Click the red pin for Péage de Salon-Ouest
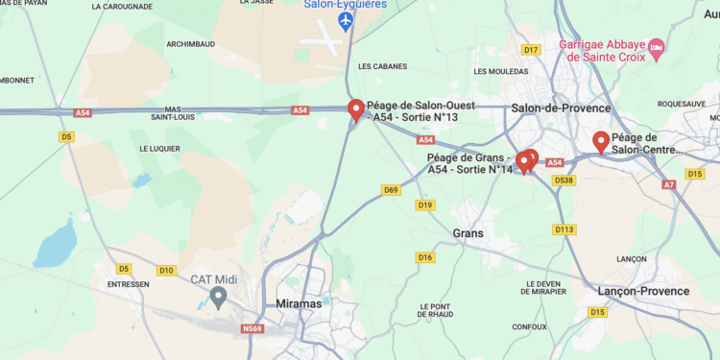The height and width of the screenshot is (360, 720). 356,110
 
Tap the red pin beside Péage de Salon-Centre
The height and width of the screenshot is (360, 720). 602,141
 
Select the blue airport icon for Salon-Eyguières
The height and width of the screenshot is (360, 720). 346,20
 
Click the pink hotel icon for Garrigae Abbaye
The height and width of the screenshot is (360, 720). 657,46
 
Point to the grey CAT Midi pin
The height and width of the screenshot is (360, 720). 218,297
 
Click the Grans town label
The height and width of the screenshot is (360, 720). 468,233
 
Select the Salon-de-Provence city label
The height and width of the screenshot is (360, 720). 561,108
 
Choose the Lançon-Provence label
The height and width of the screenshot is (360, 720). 643,291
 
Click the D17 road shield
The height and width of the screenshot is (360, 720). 531,50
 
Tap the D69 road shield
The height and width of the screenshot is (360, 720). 391,190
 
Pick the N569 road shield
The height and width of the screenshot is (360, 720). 252,329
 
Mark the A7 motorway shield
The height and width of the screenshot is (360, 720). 669,184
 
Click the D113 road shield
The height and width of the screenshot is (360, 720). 564,229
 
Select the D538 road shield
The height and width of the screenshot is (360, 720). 564,180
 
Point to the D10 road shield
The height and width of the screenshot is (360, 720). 166,271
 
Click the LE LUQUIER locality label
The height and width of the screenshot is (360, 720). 159,149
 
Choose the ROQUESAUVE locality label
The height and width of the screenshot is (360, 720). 682,104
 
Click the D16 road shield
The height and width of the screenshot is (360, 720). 425,257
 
